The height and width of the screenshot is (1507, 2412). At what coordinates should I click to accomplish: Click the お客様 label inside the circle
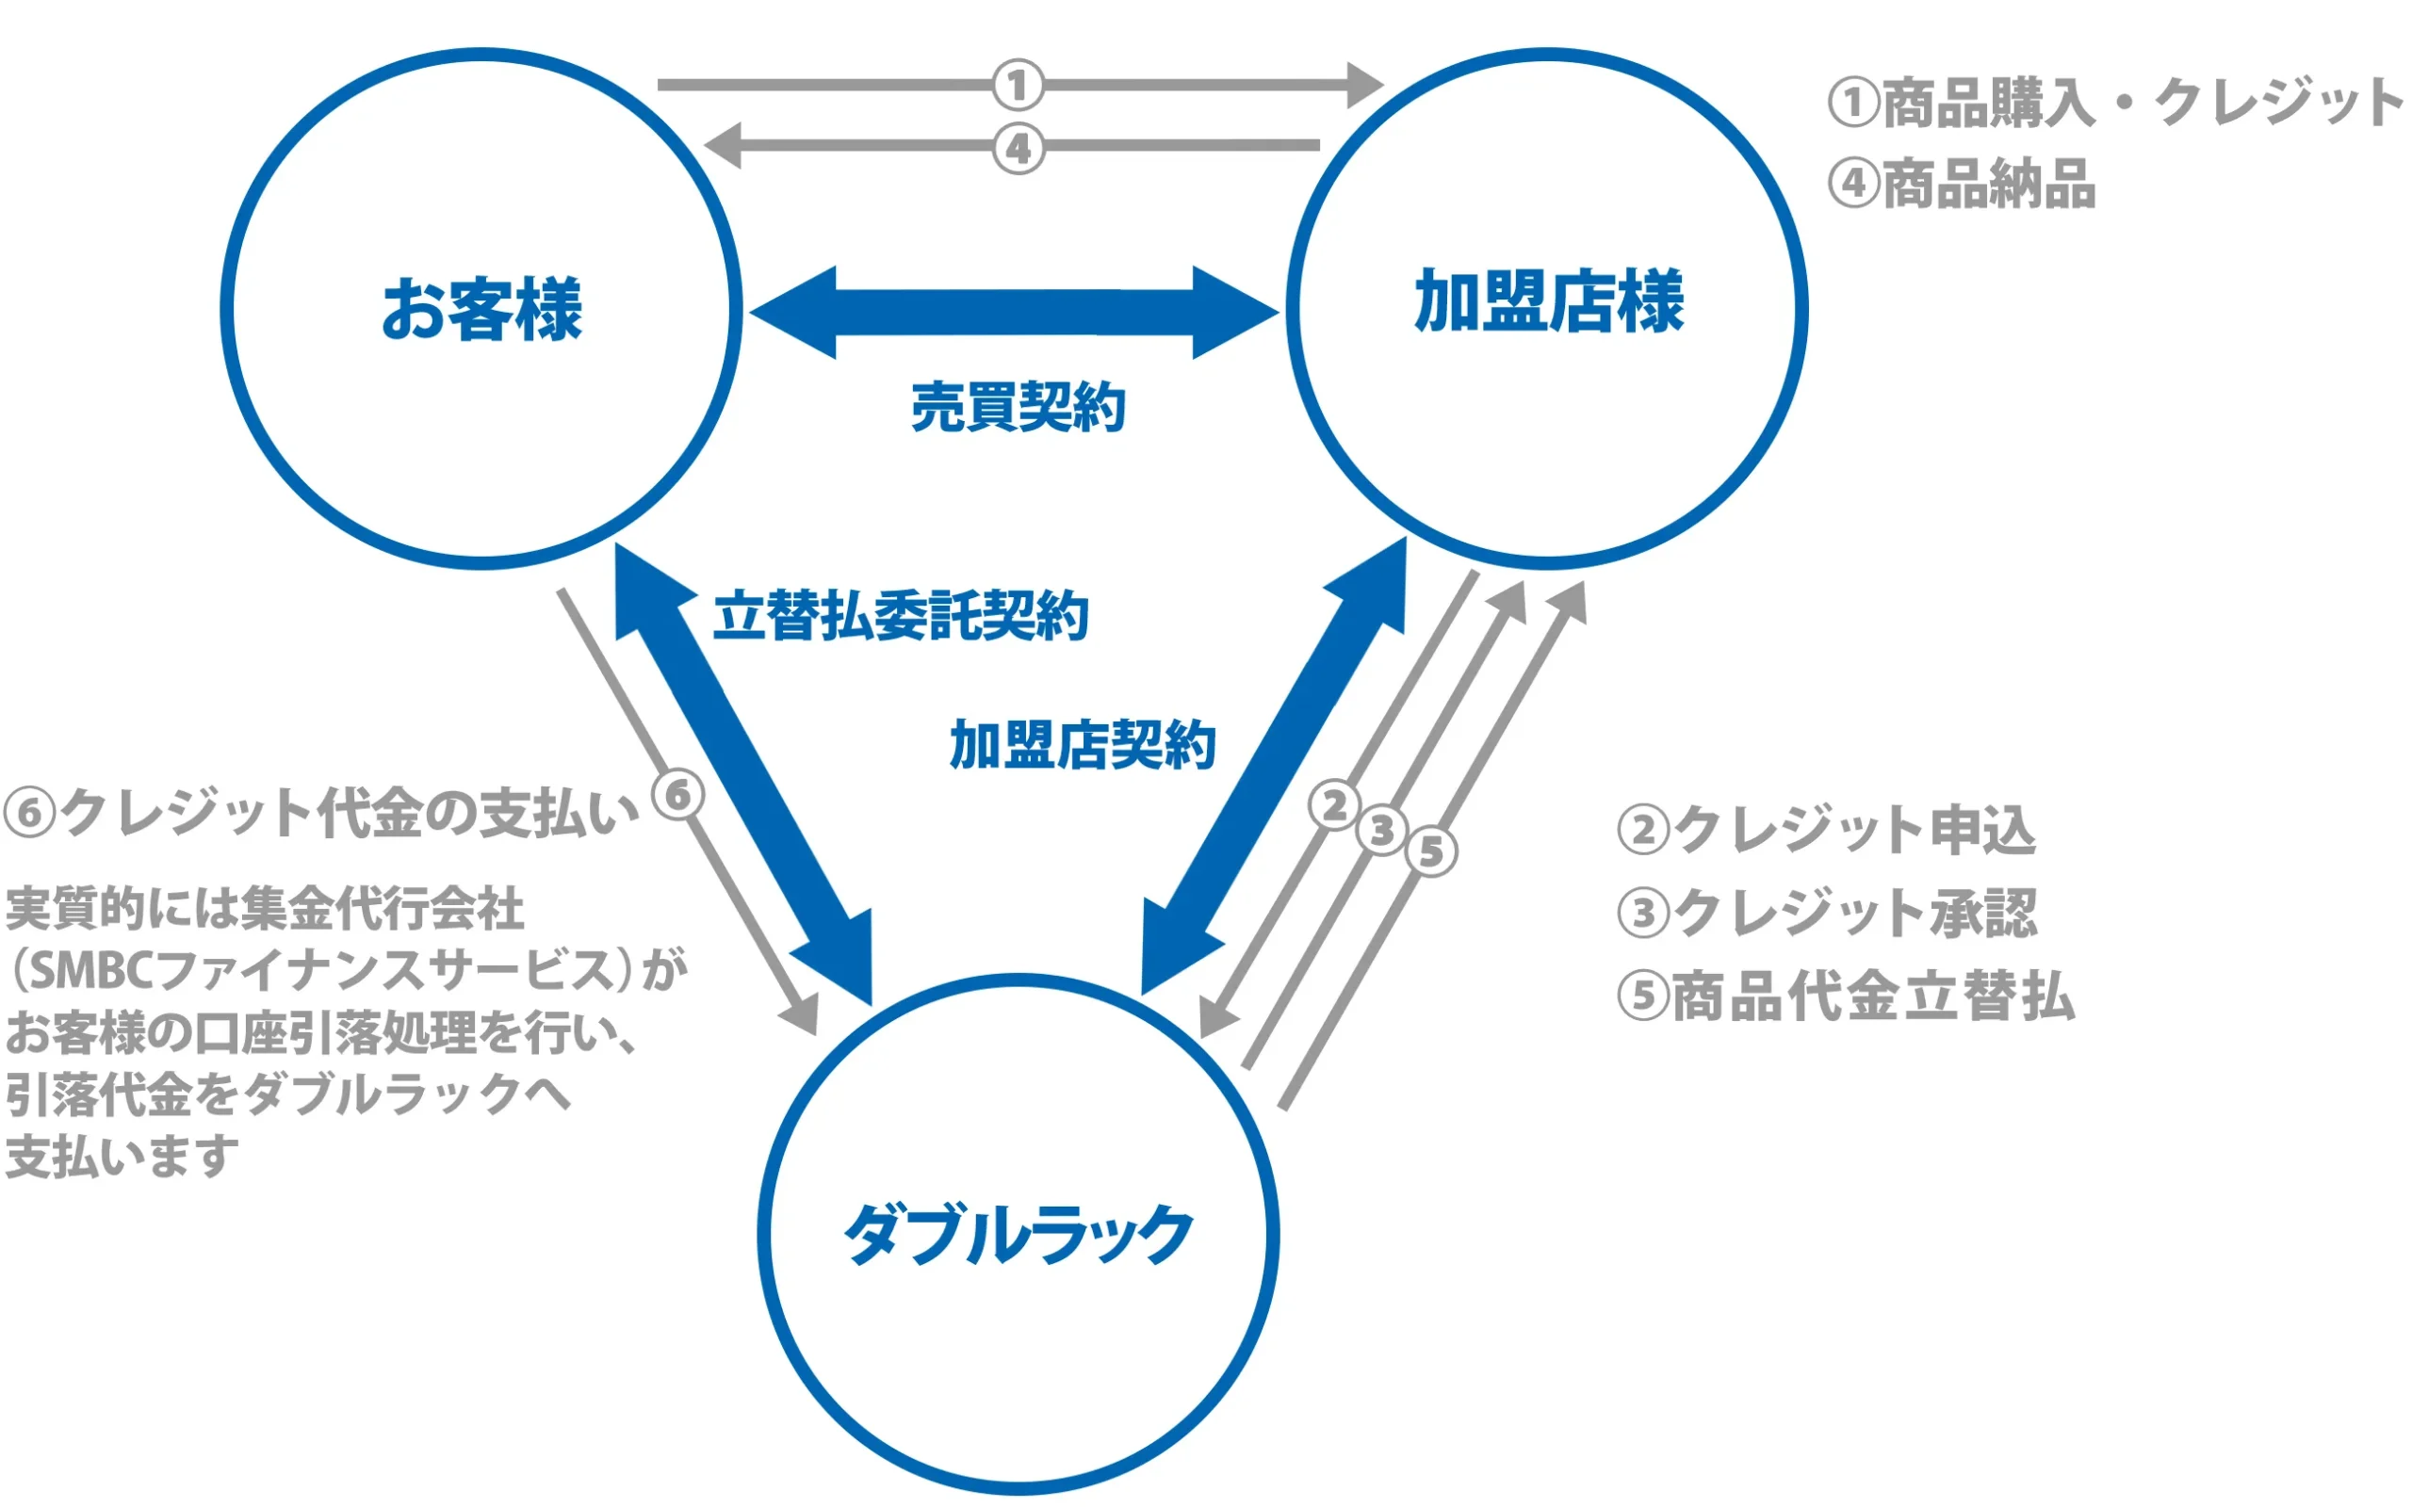[481, 309]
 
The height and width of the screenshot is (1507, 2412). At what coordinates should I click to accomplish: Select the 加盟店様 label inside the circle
[1548, 301]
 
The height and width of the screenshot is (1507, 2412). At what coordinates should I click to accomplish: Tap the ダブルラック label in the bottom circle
[1018, 1234]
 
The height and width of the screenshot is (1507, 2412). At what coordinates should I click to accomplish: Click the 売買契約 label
[1018, 407]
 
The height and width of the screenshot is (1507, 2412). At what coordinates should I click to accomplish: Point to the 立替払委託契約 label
[900, 616]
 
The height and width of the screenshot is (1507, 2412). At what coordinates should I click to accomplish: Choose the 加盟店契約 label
[1083, 744]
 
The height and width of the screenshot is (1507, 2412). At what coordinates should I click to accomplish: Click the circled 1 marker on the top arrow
[1018, 85]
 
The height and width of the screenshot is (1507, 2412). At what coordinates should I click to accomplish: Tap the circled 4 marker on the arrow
[1018, 150]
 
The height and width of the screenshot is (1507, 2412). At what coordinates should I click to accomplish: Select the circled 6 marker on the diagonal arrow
[677, 795]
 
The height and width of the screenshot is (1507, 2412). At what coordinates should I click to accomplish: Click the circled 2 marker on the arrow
[1333, 805]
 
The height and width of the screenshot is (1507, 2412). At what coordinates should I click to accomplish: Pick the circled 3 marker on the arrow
[1381, 829]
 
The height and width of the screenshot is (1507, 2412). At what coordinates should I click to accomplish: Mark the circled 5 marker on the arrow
[1430, 852]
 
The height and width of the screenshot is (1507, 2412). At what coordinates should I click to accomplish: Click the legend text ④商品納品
[1962, 185]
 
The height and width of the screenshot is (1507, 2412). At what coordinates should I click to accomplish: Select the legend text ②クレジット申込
[1826, 829]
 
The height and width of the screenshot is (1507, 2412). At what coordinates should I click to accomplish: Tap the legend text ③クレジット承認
[1826, 912]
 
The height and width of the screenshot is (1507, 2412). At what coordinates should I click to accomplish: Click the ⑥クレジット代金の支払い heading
[321, 813]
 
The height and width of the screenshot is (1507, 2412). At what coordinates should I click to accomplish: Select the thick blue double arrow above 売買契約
[1014, 312]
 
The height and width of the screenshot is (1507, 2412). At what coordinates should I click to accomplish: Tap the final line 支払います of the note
[122, 1158]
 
